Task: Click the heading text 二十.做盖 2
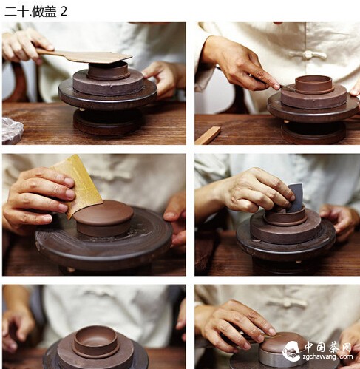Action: pyautogui.click(x=35, y=11)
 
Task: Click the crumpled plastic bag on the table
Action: pyautogui.click(x=13, y=130)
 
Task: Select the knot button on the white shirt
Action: pyautogui.click(x=308, y=55)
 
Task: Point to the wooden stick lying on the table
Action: pyautogui.click(x=208, y=135)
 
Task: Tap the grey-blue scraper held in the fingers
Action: pyautogui.click(x=297, y=197)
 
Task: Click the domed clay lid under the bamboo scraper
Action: pyautogui.click(x=103, y=218)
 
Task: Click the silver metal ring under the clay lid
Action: pyautogui.click(x=279, y=359)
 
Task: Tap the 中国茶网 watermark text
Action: pyautogui.click(x=327, y=347)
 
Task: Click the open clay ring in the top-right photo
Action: pyautogui.click(x=314, y=84)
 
